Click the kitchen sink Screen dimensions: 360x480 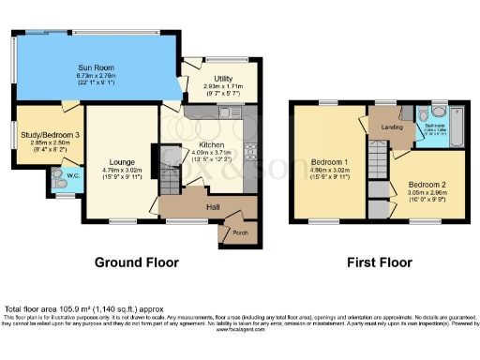[x=225, y=114]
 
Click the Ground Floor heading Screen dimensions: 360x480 [x=136, y=263]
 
